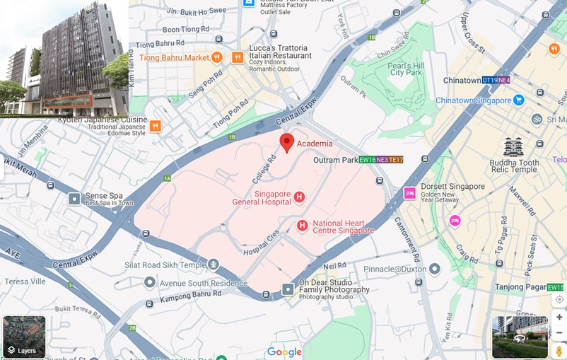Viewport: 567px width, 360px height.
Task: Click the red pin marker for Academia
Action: [286, 141]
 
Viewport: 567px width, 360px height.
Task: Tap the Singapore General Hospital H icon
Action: [299, 197]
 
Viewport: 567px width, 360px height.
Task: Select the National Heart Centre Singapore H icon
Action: [303, 226]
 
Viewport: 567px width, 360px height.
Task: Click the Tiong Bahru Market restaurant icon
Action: [217, 57]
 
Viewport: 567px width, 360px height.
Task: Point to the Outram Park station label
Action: [335, 161]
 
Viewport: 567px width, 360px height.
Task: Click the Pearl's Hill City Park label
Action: [406, 68]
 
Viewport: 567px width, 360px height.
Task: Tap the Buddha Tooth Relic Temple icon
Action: [513, 146]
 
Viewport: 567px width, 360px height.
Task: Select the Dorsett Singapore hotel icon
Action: [409, 192]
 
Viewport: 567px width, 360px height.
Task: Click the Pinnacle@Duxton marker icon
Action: [434, 269]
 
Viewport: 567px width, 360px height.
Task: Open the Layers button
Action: [24, 337]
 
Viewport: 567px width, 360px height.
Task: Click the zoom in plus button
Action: [559, 317]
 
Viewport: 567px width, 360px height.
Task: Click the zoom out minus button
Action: [559, 332]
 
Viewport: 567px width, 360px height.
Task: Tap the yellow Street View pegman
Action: [559, 351]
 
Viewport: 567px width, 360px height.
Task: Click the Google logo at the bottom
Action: [284, 352]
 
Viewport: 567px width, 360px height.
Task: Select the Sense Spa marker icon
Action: [74, 199]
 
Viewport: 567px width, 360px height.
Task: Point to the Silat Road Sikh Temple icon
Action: [213, 265]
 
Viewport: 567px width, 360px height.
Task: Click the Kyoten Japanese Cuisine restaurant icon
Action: [155, 126]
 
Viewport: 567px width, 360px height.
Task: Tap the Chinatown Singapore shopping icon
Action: [519, 100]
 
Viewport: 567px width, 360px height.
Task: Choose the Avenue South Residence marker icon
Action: [149, 283]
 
